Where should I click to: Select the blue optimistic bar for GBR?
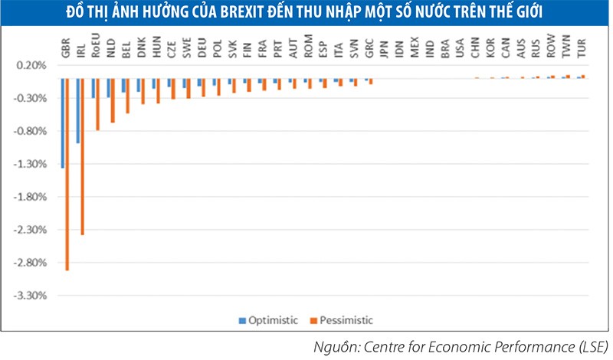[x=62, y=123]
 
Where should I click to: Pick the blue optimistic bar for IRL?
[x=77, y=110]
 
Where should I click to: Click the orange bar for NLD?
[x=113, y=100]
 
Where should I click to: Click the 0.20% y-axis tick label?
[x=30, y=65]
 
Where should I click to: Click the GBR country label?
[x=65, y=51]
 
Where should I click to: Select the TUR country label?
[x=583, y=51]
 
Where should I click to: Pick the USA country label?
[x=460, y=51]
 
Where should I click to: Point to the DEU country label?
[x=202, y=51]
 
